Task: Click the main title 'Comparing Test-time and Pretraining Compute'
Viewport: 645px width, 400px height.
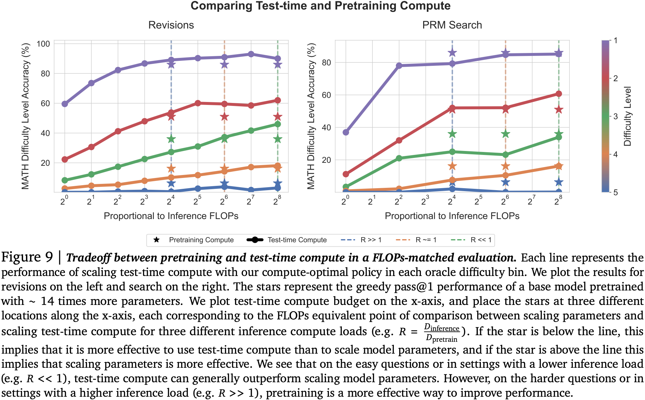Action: (x=320, y=6)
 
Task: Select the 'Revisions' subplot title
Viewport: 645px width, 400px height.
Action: (x=171, y=25)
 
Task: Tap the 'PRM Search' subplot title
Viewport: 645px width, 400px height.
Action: (x=452, y=25)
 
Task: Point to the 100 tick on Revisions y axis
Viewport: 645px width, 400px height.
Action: (x=43, y=44)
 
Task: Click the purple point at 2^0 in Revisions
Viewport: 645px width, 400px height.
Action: (x=65, y=104)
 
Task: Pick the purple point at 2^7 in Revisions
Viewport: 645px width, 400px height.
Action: (x=251, y=54)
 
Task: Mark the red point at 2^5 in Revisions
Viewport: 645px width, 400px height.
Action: (x=198, y=103)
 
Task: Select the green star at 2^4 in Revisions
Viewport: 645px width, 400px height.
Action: (x=171, y=139)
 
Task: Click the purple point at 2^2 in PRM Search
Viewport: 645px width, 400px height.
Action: (x=399, y=66)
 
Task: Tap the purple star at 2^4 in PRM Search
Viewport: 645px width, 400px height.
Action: (x=452, y=53)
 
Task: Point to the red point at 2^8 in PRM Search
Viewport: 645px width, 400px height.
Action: (x=559, y=94)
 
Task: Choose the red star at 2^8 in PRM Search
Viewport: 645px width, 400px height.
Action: (x=559, y=110)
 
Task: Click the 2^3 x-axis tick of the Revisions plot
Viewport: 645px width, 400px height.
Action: (x=144, y=201)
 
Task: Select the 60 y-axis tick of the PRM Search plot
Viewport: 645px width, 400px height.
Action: (x=326, y=95)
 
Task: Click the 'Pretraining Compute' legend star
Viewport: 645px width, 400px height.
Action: (x=157, y=240)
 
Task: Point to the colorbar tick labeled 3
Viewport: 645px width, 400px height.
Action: (x=615, y=116)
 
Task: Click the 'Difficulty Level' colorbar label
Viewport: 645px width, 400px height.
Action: (x=628, y=116)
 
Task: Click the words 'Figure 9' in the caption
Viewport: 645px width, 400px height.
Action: (x=27, y=257)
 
